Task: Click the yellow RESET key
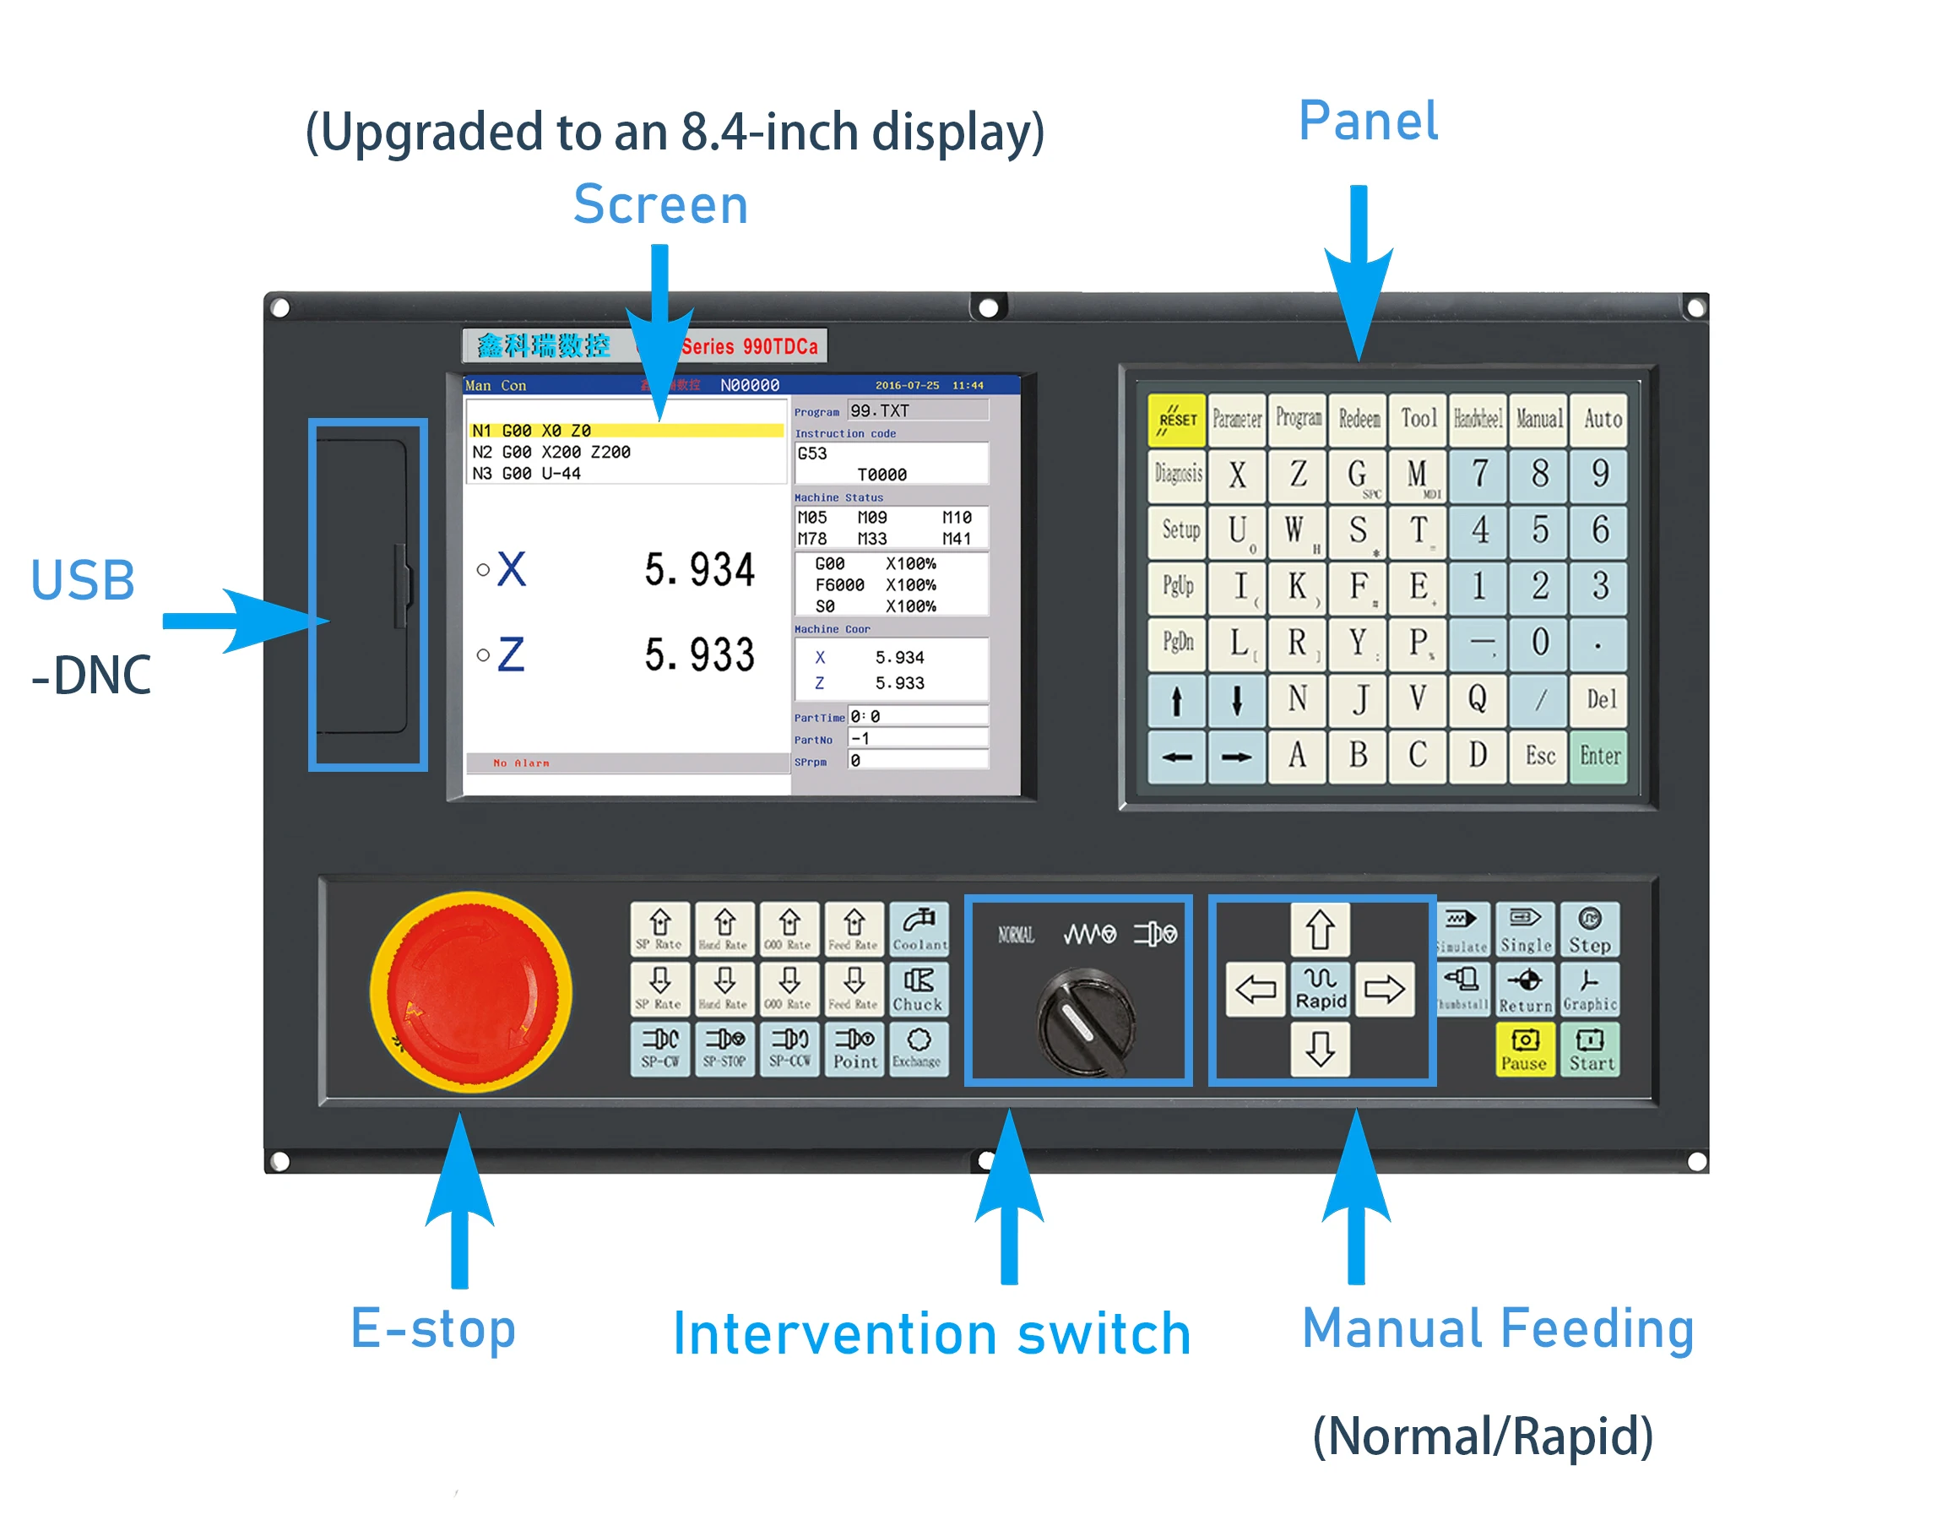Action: click(x=1176, y=419)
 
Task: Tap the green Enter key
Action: click(x=1599, y=757)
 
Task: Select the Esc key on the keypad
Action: click(x=1540, y=757)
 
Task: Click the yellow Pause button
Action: click(x=1525, y=1050)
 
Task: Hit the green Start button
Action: click(x=1591, y=1050)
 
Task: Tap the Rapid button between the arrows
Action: click(x=1321, y=989)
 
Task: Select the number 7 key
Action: click(x=1478, y=475)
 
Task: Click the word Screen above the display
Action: click(x=660, y=204)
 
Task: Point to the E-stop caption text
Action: click(x=433, y=1327)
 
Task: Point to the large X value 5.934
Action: click(x=699, y=569)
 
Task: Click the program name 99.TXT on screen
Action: click(x=880, y=411)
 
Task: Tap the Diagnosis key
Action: click(x=1177, y=475)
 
